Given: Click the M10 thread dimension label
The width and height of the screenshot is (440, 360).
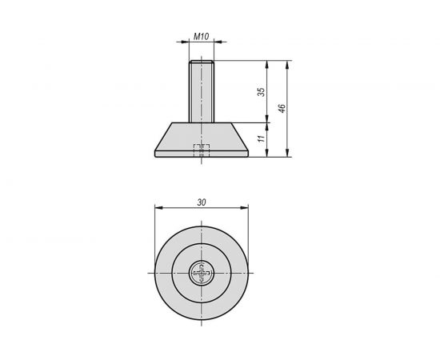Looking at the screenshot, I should [202, 37].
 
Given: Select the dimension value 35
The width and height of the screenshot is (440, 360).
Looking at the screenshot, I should [262, 92].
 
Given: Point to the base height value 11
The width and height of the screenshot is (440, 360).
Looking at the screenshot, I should [262, 140].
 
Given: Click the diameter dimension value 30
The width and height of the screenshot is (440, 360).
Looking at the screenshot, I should [202, 202].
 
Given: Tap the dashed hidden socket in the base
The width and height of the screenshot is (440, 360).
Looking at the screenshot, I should [202, 149].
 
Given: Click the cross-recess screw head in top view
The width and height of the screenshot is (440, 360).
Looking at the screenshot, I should [202, 274].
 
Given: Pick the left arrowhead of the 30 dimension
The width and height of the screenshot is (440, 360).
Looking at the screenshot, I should [157, 208].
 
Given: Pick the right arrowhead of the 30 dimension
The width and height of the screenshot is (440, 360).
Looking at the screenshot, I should [246, 208].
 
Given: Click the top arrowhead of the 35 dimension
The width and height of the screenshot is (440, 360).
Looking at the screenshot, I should [267, 64].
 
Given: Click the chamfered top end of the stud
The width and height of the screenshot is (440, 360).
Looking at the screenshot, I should [202, 63].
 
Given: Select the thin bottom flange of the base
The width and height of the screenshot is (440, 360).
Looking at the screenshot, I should [202, 155].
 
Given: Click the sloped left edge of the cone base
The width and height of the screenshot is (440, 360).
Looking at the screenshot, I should [162, 138].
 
